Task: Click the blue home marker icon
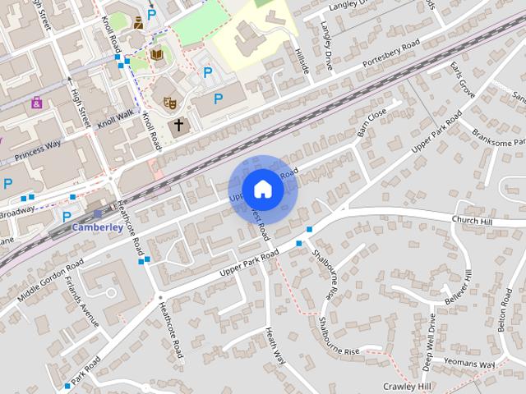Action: tap(261, 189)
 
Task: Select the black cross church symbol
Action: tap(179, 126)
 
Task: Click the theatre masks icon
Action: tap(169, 103)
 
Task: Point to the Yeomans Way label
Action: tap(469, 364)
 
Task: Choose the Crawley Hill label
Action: tap(407, 386)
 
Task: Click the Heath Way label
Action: tap(276, 346)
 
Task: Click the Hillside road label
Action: tap(301, 60)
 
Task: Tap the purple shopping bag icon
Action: tap(36, 103)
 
